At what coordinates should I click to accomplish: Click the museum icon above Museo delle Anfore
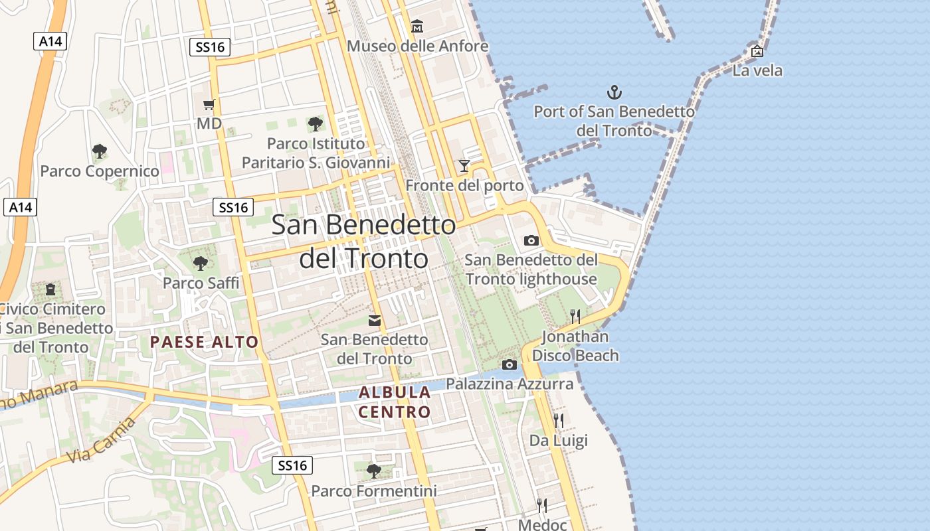(x=417, y=27)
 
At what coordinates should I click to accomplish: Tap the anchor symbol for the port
(x=614, y=92)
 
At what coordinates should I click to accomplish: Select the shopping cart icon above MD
(x=209, y=104)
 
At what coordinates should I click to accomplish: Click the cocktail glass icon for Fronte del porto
(x=464, y=165)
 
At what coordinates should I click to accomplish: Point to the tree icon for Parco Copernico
(x=100, y=151)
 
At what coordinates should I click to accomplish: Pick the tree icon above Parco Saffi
(x=200, y=264)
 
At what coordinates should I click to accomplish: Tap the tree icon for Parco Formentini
(x=374, y=471)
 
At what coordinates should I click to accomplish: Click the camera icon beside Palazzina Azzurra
(x=510, y=364)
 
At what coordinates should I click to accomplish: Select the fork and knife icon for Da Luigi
(x=558, y=420)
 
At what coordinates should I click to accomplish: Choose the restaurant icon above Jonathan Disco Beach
(x=575, y=316)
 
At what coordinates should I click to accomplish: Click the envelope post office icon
(x=375, y=321)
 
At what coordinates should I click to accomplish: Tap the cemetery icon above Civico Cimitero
(x=50, y=289)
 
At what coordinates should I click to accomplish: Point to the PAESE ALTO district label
(x=204, y=342)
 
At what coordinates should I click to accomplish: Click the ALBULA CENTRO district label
(x=395, y=402)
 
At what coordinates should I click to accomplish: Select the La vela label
(x=757, y=70)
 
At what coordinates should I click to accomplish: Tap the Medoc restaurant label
(x=542, y=524)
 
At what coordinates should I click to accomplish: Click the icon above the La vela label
(x=757, y=51)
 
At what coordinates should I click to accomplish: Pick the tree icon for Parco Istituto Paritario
(x=316, y=123)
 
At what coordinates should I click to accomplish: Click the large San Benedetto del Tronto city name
(x=364, y=242)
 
